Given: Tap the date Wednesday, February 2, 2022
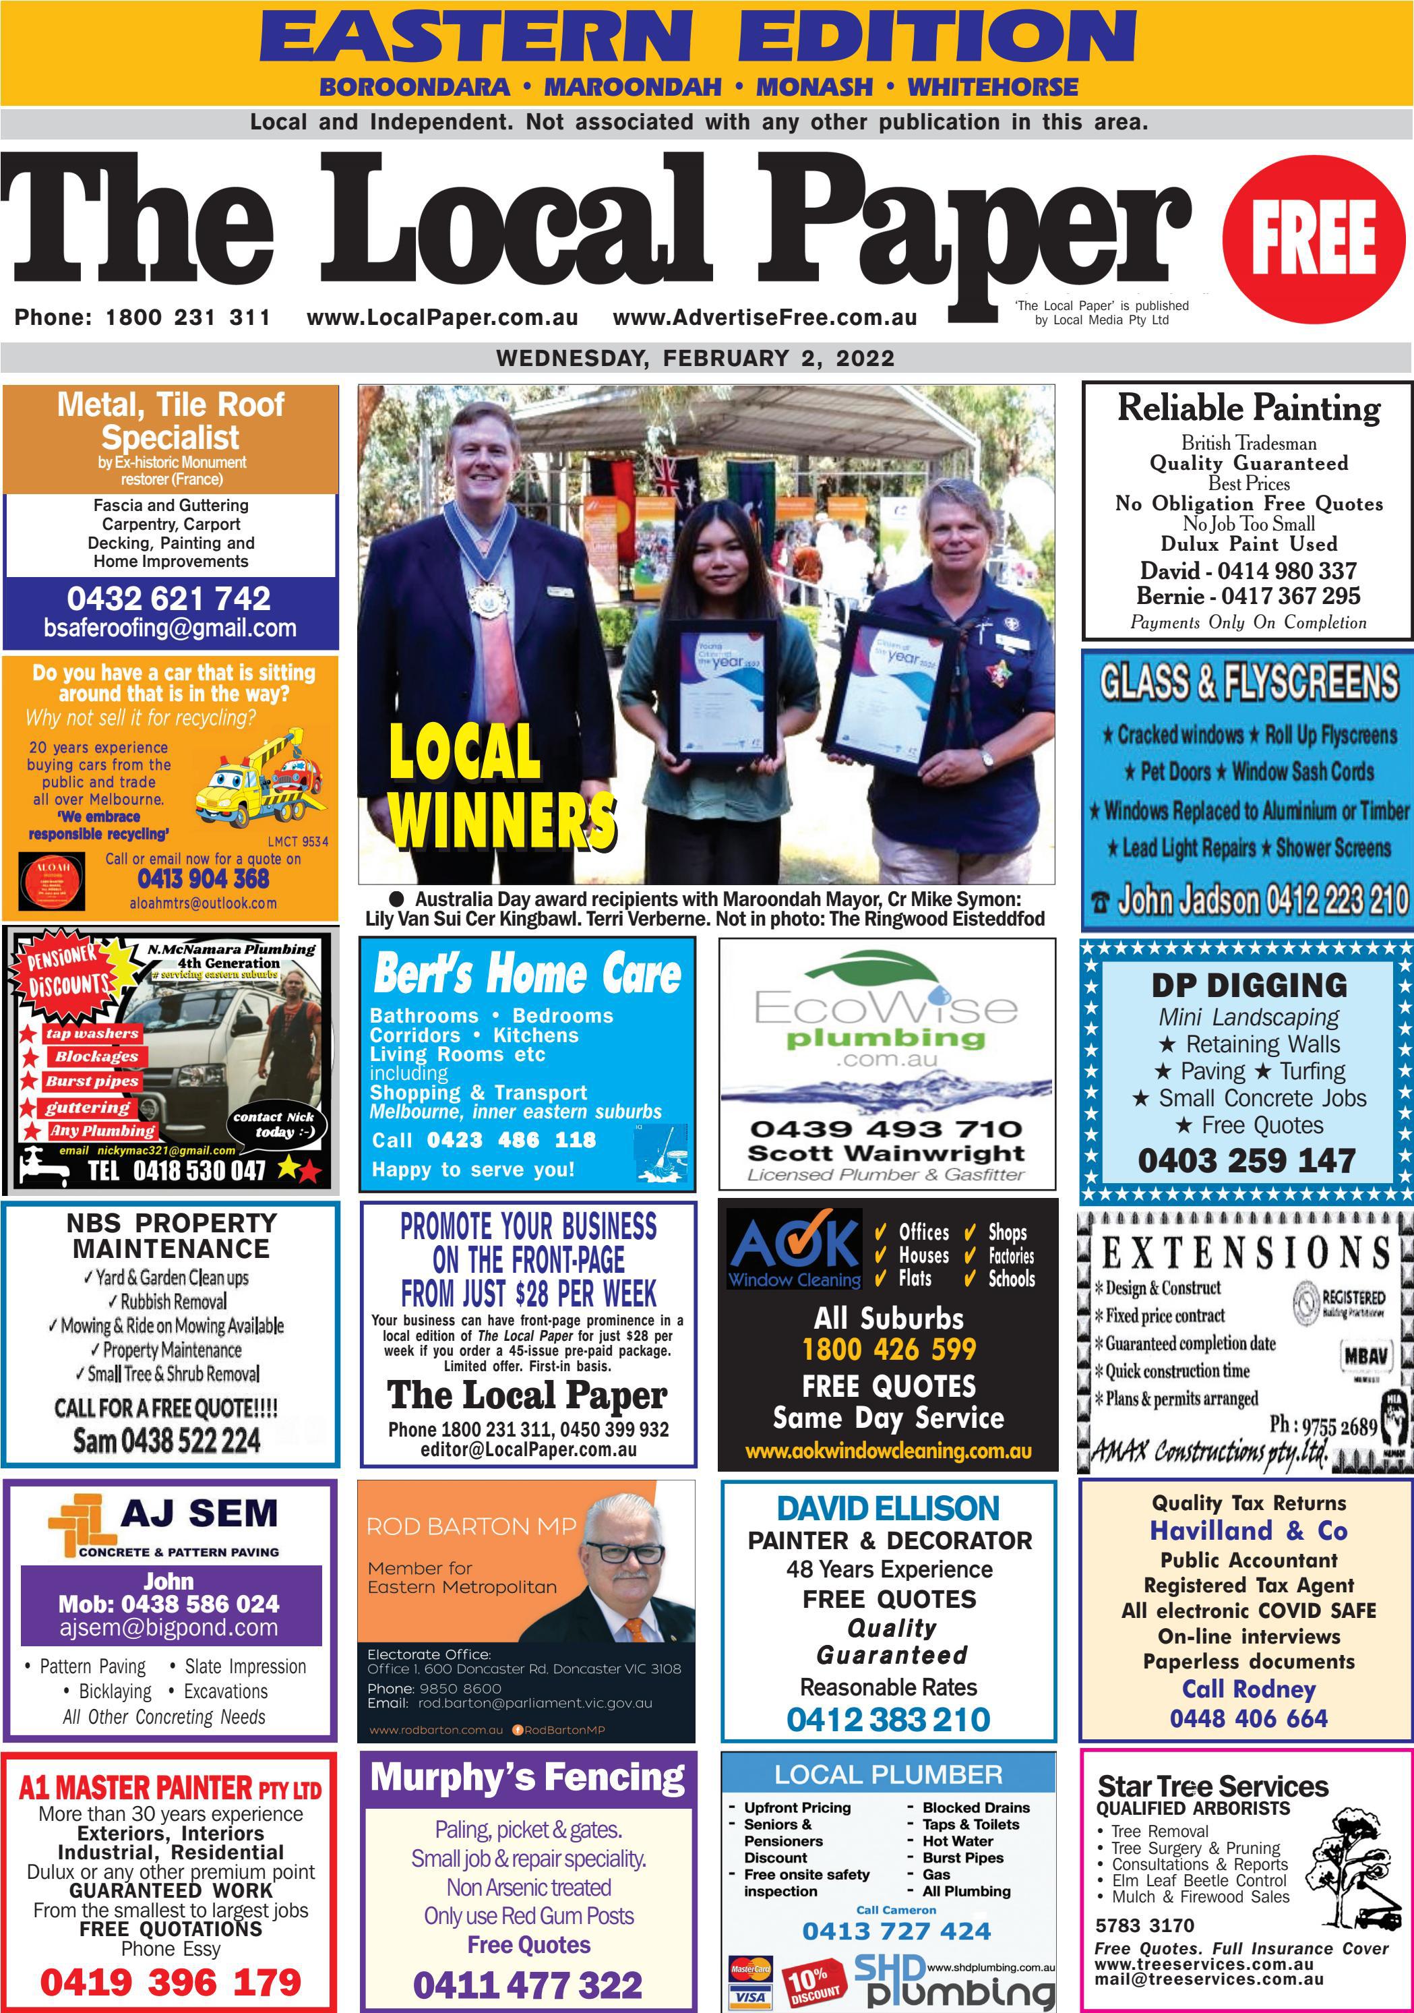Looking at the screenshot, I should coord(695,358).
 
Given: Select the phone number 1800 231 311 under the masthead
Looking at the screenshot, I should coord(187,318).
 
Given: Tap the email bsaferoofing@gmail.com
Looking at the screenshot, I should coord(170,628).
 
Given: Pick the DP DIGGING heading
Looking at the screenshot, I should coord(1248,984).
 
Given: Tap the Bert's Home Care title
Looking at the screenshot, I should coord(527,974).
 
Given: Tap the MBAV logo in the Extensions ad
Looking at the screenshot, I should coord(1365,1356).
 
